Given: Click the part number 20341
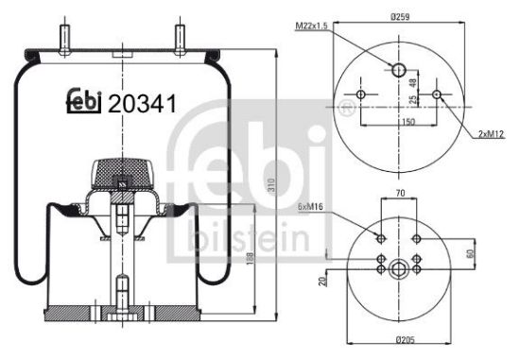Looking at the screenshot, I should click(143, 105).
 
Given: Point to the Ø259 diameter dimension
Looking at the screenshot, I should click(398, 15).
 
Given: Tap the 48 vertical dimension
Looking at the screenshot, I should click(413, 82).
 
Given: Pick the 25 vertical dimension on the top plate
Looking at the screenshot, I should click(413, 100).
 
